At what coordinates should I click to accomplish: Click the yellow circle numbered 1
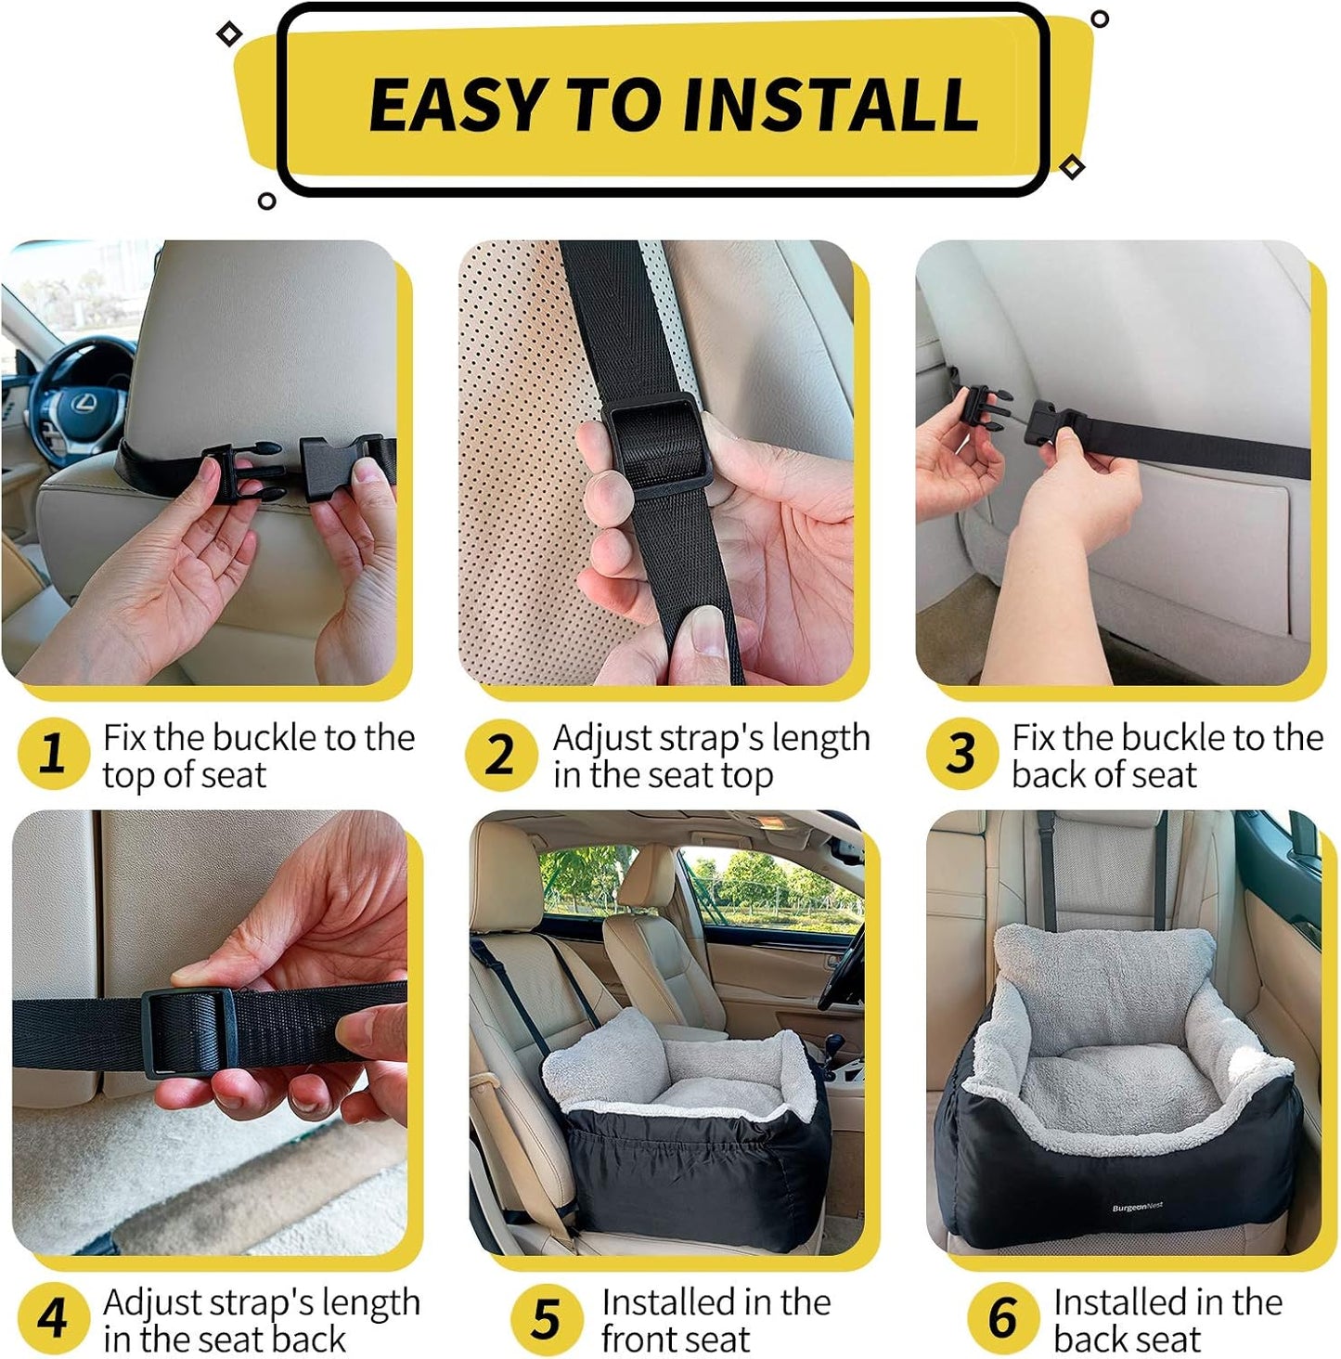pos(53,754)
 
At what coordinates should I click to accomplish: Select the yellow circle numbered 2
pos(500,754)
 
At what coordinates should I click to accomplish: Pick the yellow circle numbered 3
pos(961,754)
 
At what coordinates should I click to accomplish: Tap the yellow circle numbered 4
pos(53,1318)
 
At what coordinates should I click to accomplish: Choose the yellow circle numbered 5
pos(546,1318)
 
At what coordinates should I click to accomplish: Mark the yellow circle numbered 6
pos(1002,1318)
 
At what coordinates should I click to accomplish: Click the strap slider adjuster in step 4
pos(188,1031)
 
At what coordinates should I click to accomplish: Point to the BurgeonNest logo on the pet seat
pos(1137,1208)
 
